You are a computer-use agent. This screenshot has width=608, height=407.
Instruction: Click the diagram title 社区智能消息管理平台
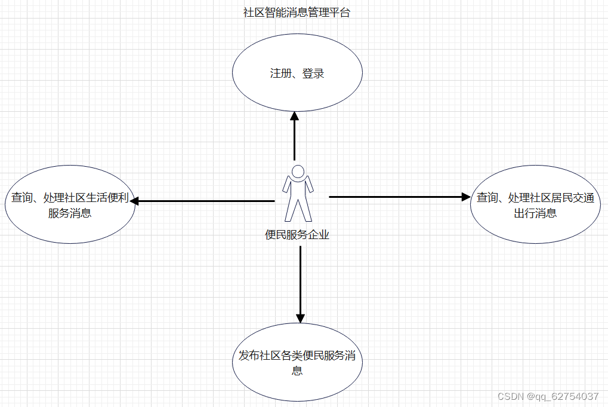pyautogui.click(x=297, y=13)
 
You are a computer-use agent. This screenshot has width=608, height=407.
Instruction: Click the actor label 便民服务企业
pyautogui.click(x=297, y=235)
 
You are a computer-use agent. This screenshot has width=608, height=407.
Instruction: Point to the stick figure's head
pyautogui.click(x=297, y=171)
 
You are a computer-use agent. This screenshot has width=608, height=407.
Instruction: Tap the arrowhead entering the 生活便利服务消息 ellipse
pyautogui.click(x=134, y=201)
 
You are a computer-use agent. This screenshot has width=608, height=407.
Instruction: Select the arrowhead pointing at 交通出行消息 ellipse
pyautogui.click(x=466, y=196)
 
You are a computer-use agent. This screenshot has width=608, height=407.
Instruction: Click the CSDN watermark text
pyautogui.click(x=509, y=396)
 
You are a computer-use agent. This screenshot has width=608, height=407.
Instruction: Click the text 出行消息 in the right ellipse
pyautogui.click(x=535, y=213)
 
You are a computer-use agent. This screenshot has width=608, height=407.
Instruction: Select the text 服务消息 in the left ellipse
pyautogui.click(x=70, y=213)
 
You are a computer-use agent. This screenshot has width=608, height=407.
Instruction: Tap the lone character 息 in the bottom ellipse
pyautogui.click(x=297, y=371)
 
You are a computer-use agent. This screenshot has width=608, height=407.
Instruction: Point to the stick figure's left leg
pyautogui.click(x=291, y=209)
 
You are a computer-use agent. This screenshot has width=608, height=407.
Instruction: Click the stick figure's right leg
pyautogui.click(x=304, y=209)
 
